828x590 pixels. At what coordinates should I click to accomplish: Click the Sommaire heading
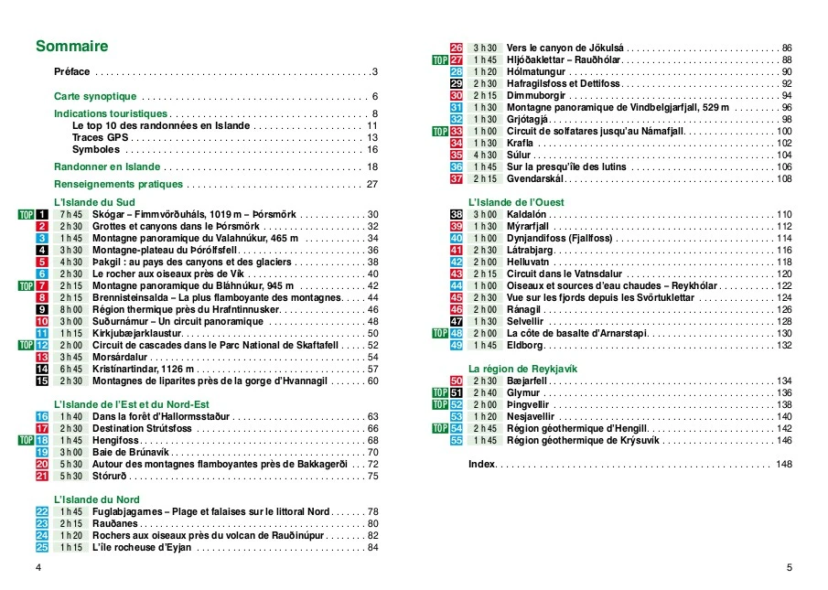(x=71, y=47)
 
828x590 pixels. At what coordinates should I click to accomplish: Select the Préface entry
(x=72, y=71)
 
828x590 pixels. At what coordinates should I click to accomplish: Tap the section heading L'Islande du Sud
(x=95, y=202)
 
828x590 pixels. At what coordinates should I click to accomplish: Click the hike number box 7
(x=42, y=285)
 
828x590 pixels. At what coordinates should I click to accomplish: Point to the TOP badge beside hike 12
(x=26, y=345)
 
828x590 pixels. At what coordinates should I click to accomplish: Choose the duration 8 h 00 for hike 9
(x=71, y=309)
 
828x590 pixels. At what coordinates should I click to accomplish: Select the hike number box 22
(x=42, y=511)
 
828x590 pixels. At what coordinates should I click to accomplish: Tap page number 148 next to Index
(x=783, y=465)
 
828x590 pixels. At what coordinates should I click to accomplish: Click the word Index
(x=481, y=465)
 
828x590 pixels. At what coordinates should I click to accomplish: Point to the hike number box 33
(x=457, y=132)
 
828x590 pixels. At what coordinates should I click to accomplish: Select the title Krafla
(x=522, y=144)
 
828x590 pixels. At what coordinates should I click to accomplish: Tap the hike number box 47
(x=457, y=321)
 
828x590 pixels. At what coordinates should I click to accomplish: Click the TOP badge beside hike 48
(x=441, y=333)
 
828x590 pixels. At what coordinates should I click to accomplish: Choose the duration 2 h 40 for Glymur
(x=486, y=392)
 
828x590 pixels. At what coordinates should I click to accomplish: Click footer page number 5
(x=789, y=568)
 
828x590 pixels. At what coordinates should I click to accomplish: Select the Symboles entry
(x=96, y=149)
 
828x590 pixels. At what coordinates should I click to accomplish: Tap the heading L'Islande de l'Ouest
(x=516, y=202)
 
